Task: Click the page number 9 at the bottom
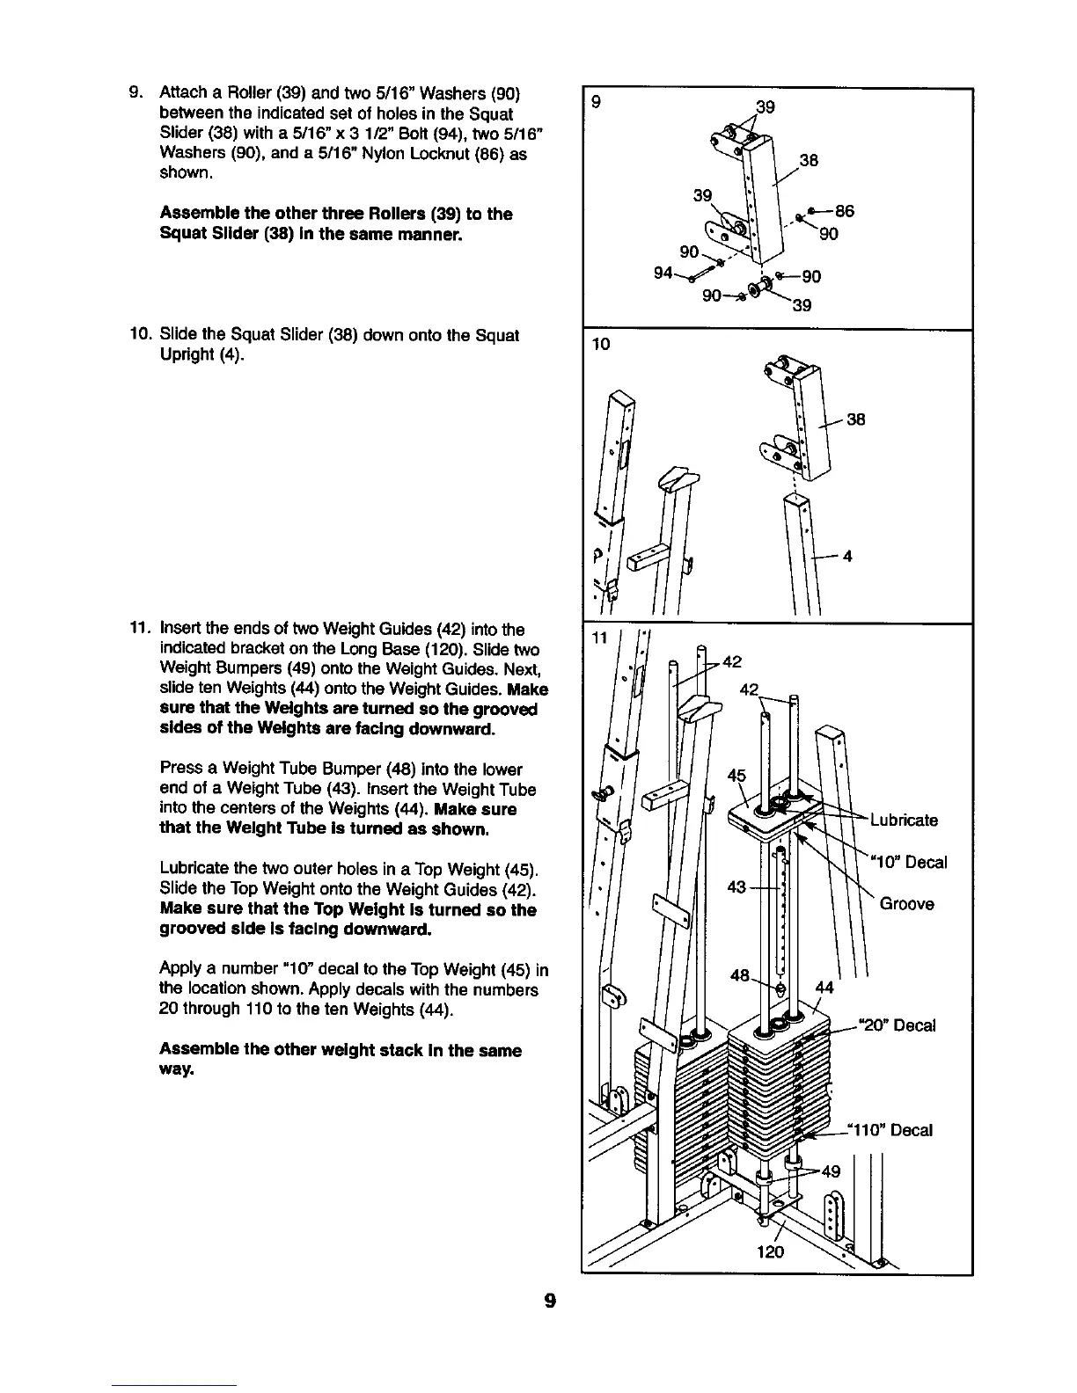[x=549, y=1301]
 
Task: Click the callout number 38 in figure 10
[x=856, y=419]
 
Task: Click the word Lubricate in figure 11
[x=904, y=820]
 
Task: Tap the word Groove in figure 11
[x=906, y=904]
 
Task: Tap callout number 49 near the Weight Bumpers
[x=831, y=1171]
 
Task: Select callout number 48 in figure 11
[x=741, y=975]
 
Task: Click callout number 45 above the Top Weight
[x=736, y=776]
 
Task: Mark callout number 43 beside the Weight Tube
[x=737, y=887]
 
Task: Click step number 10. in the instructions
[x=141, y=335]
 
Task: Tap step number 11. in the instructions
[x=141, y=629]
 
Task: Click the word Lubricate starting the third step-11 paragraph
[x=192, y=870]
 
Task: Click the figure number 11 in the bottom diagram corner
[x=599, y=638]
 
